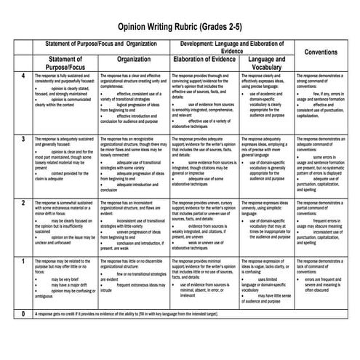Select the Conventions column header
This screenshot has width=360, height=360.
(326, 52)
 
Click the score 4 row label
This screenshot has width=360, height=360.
(23, 76)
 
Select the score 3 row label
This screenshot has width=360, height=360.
(23, 138)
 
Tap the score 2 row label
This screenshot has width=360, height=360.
(23, 202)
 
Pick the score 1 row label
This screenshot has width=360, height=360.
(23, 260)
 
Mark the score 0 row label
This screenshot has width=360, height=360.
(23, 313)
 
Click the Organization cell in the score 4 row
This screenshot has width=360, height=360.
(133, 100)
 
